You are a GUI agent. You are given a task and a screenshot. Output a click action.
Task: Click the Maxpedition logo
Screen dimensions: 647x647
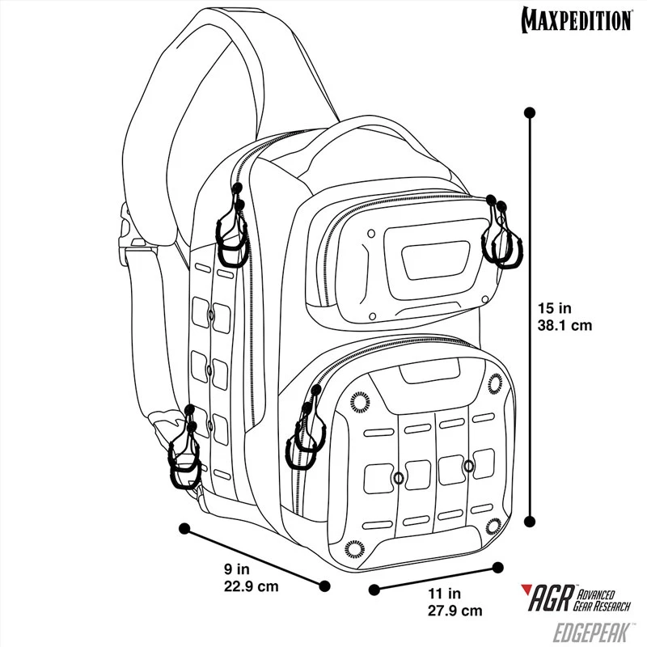coord(577,19)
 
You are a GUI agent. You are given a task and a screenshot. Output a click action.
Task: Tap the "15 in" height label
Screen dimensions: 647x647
coord(554,308)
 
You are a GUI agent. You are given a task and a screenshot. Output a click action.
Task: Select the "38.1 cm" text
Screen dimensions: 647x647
coord(565,325)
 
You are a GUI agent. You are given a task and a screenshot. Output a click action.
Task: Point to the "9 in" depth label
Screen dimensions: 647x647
coord(237,569)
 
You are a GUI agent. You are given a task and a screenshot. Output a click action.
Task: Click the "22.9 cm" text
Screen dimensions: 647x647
coord(252,586)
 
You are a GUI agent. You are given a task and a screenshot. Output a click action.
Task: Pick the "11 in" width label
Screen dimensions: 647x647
coord(444,594)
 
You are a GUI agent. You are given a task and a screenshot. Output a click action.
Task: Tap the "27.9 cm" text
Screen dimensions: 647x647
coord(455,611)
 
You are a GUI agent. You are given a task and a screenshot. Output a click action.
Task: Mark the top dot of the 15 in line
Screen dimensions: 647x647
coord(530,112)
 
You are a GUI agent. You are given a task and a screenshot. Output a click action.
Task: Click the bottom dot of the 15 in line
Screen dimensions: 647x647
coord(530,521)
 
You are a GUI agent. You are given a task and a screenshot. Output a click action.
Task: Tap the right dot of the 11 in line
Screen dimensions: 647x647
coord(498,567)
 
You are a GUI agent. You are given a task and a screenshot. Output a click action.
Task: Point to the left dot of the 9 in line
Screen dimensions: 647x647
coord(184,528)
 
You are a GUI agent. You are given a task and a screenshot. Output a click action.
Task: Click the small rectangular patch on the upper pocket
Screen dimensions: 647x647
coord(436,261)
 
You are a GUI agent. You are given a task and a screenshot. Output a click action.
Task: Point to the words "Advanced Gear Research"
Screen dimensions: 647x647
coord(602,600)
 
